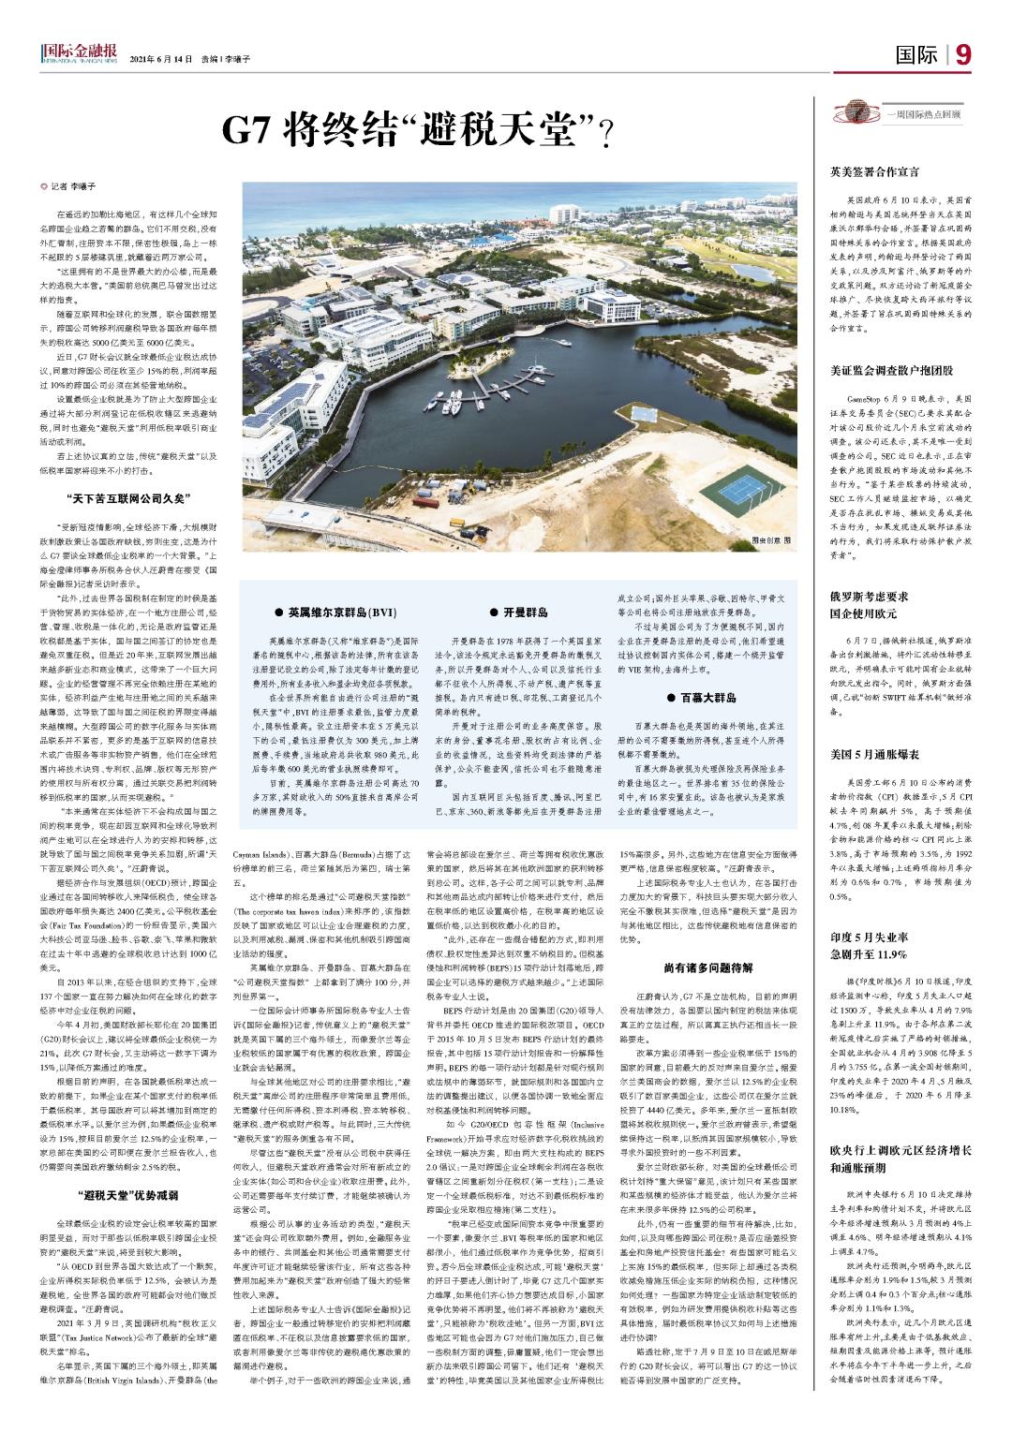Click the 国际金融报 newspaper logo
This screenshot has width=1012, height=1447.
80,54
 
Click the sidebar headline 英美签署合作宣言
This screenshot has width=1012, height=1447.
874,172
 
